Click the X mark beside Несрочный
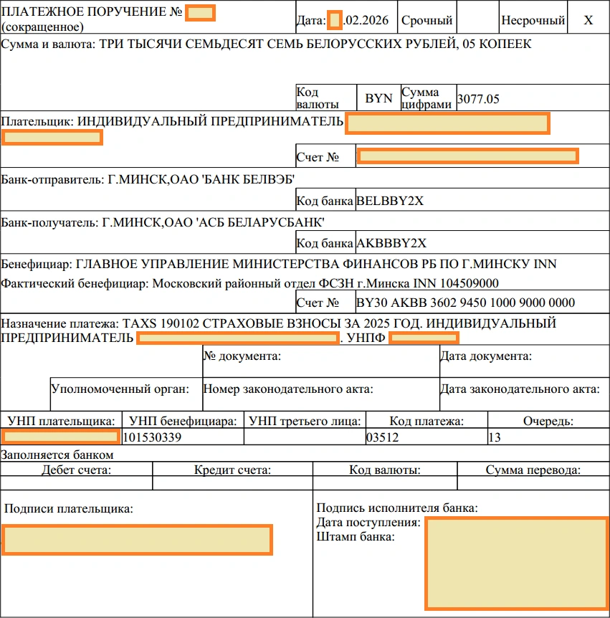pyautogui.click(x=588, y=21)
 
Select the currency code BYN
pyautogui.click(x=378, y=99)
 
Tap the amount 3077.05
pyautogui.click(x=478, y=99)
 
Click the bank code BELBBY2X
pyautogui.click(x=390, y=201)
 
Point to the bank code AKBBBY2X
pyautogui.click(x=391, y=243)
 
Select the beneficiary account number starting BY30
pyautogui.click(x=465, y=303)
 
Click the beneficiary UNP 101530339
pyautogui.click(x=152, y=437)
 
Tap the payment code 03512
pyautogui.click(x=381, y=437)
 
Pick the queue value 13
pyautogui.click(x=494, y=437)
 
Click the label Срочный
pyautogui.click(x=426, y=21)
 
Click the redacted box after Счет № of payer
pyautogui.click(x=467, y=156)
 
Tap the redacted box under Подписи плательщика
pyautogui.click(x=136, y=540)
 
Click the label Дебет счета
pyautogui.click(x=77, y=470)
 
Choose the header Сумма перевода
pyautogui.click(x=533, y=470)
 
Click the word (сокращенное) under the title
pyautogui.click(x=42, y=27)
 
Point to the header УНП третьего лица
pyautogui.click(x=305, y=421)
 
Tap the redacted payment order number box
pyautogui.click(x=200, y=13)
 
